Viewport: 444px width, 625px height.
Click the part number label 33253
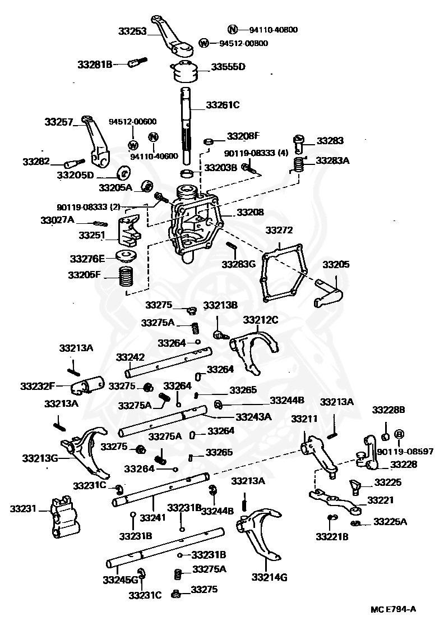132,31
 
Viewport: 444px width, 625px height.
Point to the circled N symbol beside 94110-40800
233,29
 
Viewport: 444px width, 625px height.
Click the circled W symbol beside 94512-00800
203,43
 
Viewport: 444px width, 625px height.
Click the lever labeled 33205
329,293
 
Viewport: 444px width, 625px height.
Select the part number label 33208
249,213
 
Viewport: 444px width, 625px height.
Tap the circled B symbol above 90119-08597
399,434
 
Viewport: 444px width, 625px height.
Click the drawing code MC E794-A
394,609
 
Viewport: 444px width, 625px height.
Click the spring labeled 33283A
300,164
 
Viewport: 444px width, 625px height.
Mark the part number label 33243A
253,416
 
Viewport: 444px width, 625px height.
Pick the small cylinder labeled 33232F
87,386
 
